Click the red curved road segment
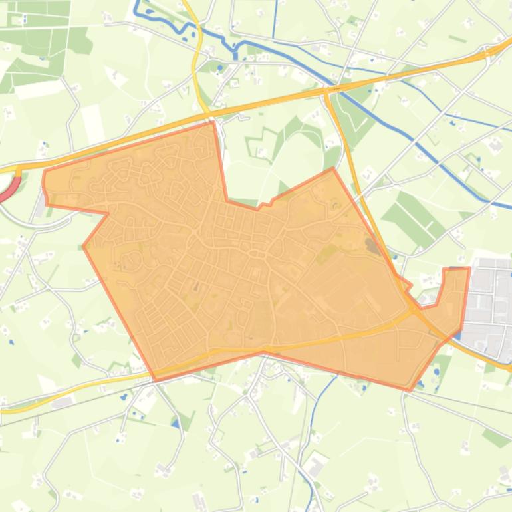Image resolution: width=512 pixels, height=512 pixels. [9, 190]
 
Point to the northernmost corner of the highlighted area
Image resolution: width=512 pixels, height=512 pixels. [213, 122]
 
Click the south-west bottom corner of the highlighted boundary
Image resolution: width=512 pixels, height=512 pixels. [156, 380]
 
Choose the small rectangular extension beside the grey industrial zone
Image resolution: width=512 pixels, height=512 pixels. [456, 286]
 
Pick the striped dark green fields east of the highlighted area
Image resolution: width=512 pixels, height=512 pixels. [412, 213]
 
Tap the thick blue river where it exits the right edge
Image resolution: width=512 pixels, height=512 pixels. [505, 205]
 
